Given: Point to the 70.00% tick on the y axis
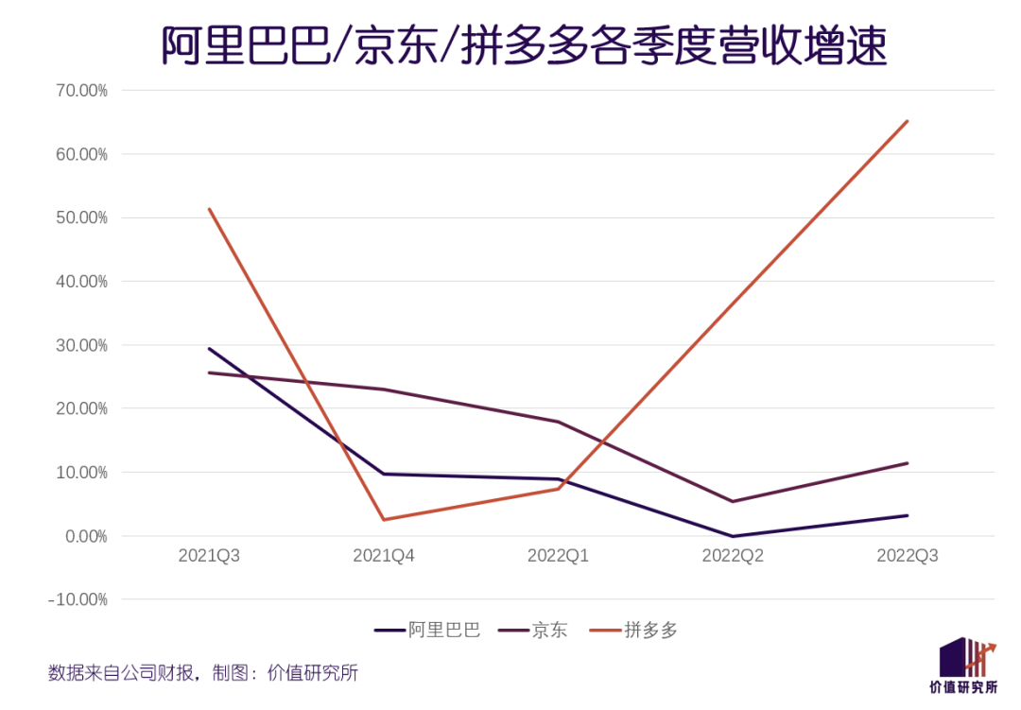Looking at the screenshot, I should coord(81,91).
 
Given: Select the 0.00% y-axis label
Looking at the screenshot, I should coord(85,536).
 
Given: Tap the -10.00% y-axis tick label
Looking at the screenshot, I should coord(79,599).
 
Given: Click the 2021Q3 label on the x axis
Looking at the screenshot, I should coord(209,556).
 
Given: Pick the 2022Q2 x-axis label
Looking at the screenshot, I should coord(733,556).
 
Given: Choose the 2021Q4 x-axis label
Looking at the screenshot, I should coord(384,556).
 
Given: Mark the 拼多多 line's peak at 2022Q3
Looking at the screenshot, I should coord(908,121).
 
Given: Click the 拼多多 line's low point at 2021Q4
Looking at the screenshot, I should coord(384,519).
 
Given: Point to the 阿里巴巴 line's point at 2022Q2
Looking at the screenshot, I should coord(733,536).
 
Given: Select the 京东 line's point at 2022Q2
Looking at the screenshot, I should coord(733,501).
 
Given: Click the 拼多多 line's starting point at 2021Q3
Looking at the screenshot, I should coord(209,209).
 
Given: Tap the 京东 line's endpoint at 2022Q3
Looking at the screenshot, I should coord(908,463).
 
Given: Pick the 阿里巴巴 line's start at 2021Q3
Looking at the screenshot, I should coord(209,349).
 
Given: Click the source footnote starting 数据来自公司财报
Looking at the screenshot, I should coord(203,674).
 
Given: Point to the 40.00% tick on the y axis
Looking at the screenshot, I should coord(81,282).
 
